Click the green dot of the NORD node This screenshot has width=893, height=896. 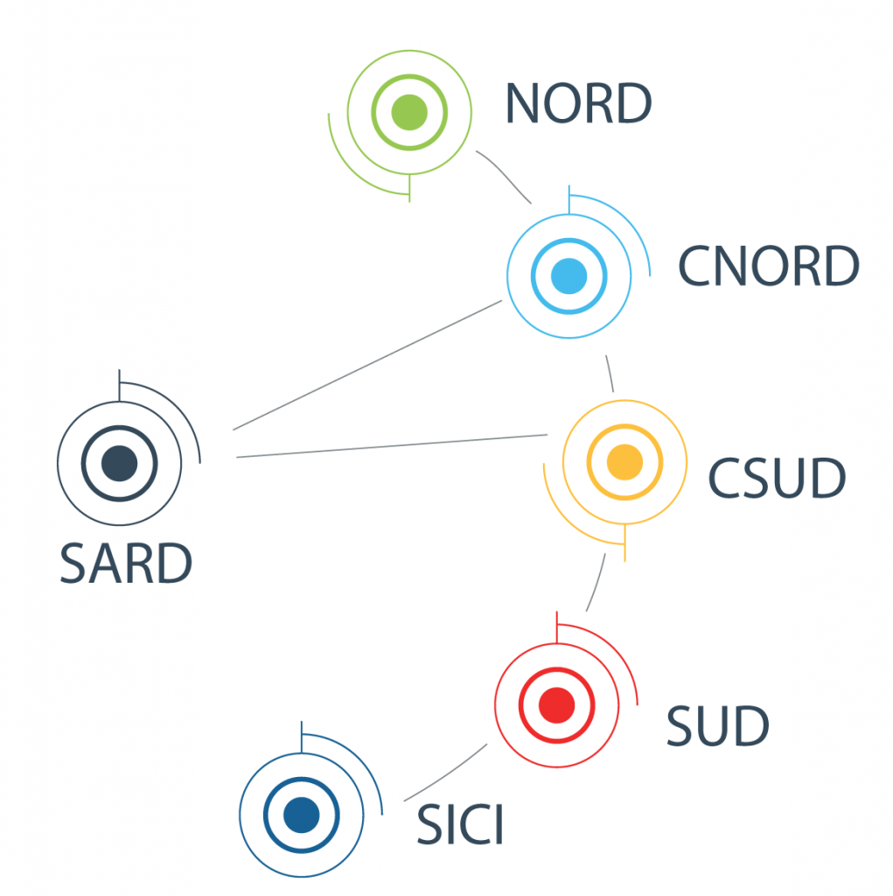[x=409, y=112]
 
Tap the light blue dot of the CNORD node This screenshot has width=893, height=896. [x=569, y=276]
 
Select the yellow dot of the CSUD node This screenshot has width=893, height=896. [x=624, y=461]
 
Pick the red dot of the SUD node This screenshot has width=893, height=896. [x=556, y=703]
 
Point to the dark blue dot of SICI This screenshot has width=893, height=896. [x=301, y=814]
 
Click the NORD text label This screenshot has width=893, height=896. [x=578, y=104]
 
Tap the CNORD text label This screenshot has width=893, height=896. [x=768, y=267]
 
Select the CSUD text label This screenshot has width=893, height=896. [x=777, y=478]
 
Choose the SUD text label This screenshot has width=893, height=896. [x=717, y=725]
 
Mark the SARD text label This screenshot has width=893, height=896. [x=126, y=564]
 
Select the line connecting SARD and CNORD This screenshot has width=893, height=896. [x=367, y=365]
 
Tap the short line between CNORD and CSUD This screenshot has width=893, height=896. [x=610, y=374]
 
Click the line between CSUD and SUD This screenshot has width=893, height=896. [x=596, y=582]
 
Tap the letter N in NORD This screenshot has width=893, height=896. [x=523, y=104]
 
